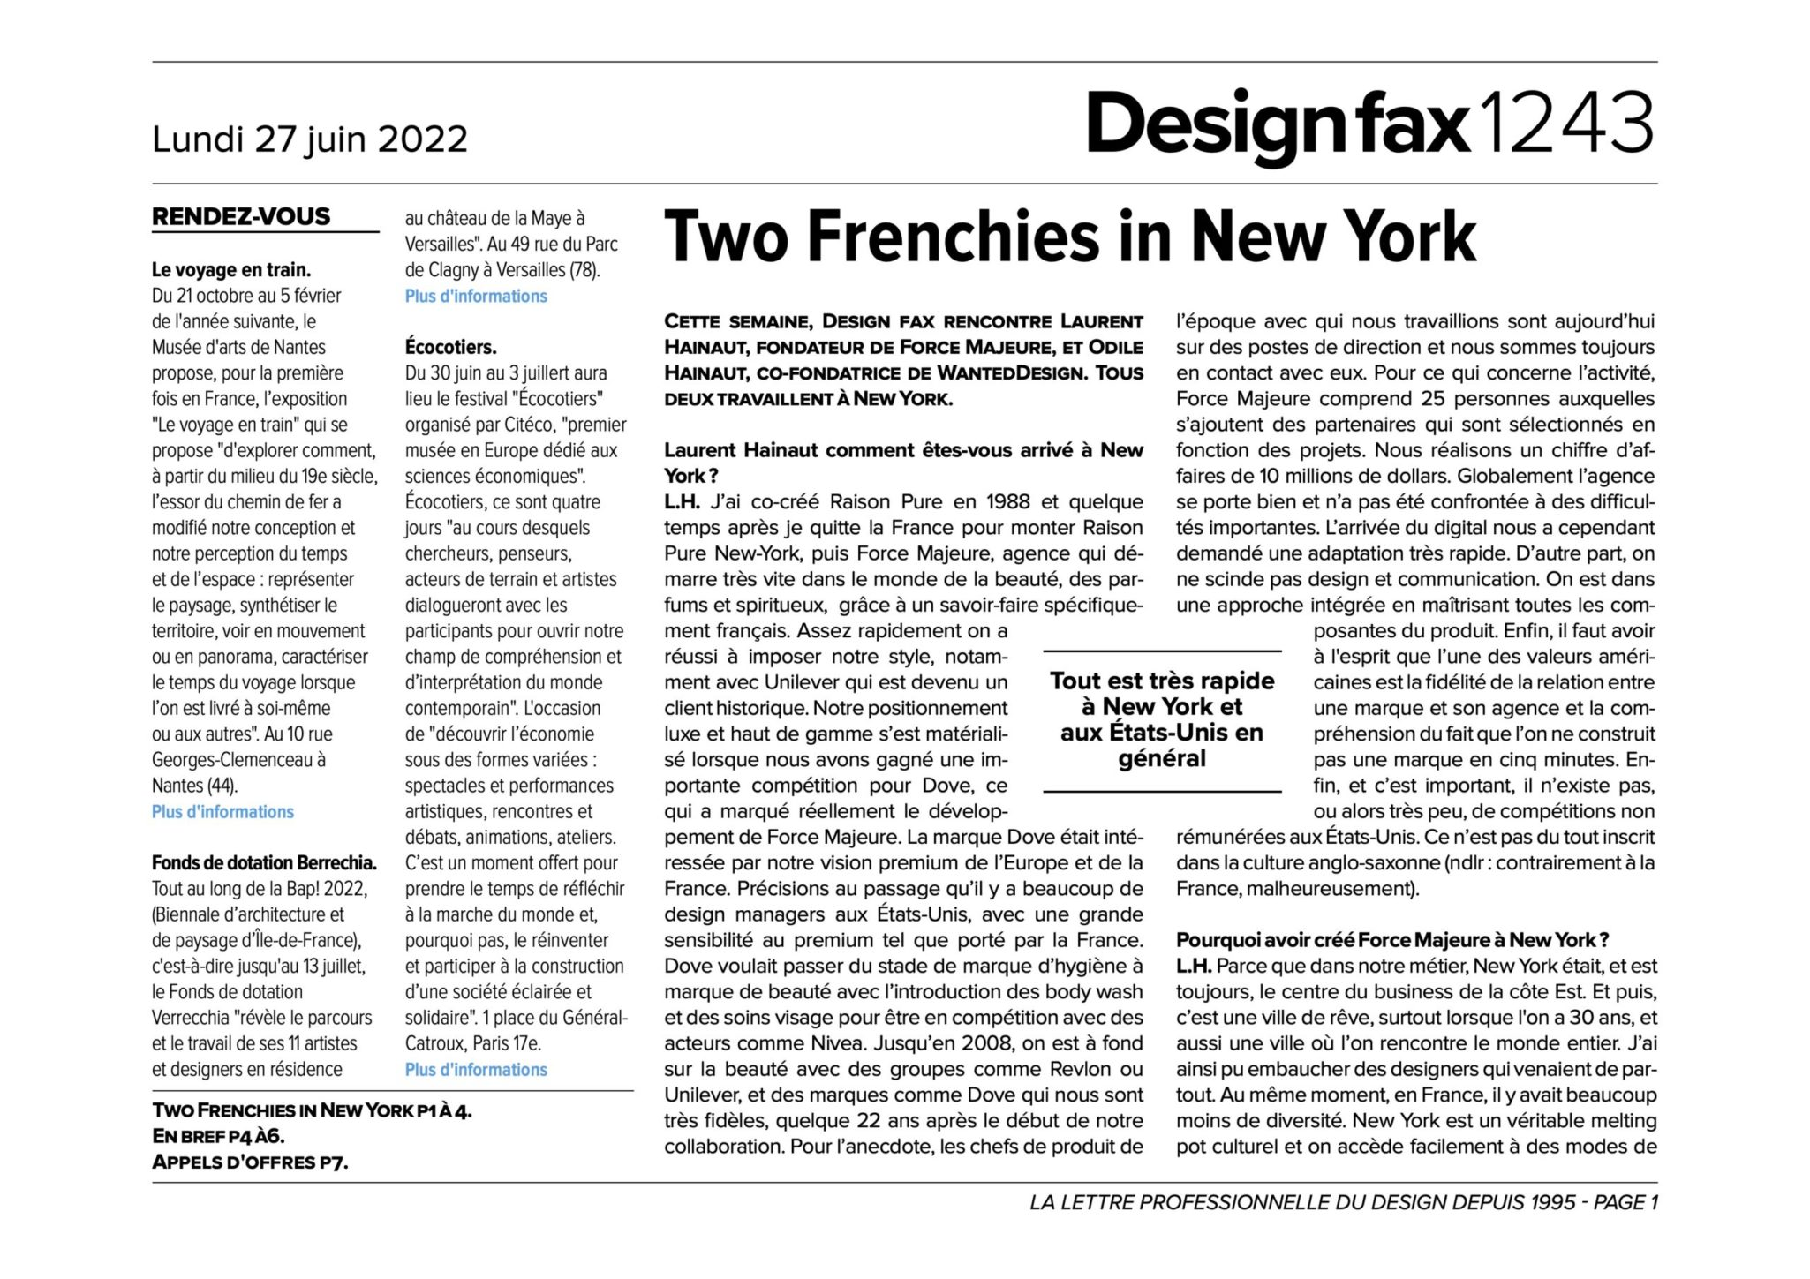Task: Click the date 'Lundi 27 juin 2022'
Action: (309, 139)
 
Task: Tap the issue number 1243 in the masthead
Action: (1565, 124)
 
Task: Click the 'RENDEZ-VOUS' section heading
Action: (241, 216)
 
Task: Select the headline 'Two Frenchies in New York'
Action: (1069, 237)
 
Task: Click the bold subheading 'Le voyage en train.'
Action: (231, 270)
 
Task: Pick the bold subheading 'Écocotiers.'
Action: (450, 347)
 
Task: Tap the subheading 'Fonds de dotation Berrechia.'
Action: (264, 862)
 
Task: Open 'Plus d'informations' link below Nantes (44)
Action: (222, 811)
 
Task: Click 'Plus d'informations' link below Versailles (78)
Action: (476, 296)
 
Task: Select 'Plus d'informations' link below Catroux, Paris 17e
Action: (476, 1069)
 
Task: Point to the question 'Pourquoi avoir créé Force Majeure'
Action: (1391, 940)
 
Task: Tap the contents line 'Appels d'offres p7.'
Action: (250, 1162)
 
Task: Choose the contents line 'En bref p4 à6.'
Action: (218, 1136)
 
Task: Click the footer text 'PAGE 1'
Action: (1625, 1202)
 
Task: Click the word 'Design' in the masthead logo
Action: (1211, 124)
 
